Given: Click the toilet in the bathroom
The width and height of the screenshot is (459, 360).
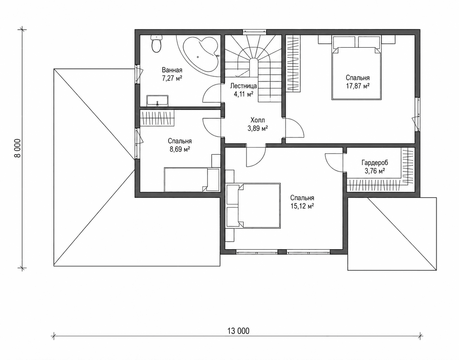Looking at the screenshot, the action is [157, 44].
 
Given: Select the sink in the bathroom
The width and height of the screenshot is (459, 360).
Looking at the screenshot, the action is [158, 100].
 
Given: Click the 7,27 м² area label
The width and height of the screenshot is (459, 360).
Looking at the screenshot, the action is [172, 78].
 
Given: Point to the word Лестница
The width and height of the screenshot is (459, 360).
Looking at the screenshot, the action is [243, 86].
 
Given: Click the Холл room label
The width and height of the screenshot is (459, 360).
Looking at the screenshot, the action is [257, 120].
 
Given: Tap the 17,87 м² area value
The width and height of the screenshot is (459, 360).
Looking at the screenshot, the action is [358, 86].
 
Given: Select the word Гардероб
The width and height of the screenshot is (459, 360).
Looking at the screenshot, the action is [375, 163].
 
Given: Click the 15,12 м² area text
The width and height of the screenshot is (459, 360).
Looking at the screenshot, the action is [302, 206].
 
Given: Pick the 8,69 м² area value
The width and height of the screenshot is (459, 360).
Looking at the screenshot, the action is [180, 149].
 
